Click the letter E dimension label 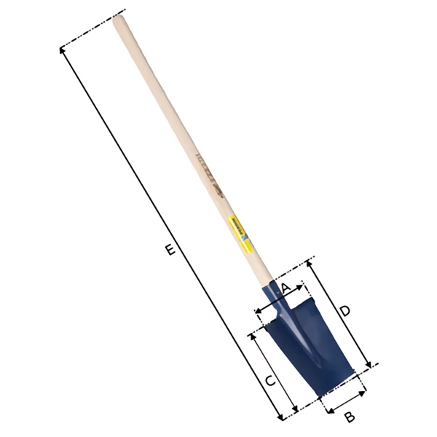(170, 251)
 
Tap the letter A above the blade (286, 288)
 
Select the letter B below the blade (349, 417)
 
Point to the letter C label (269, 381)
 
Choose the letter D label (345, 311)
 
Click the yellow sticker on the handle (238, 227)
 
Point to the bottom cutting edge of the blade (338, 385)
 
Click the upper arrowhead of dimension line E (62, 50)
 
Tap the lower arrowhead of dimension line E (282, 417)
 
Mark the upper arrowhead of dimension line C (252, 336)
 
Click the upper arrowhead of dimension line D (309, 263)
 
